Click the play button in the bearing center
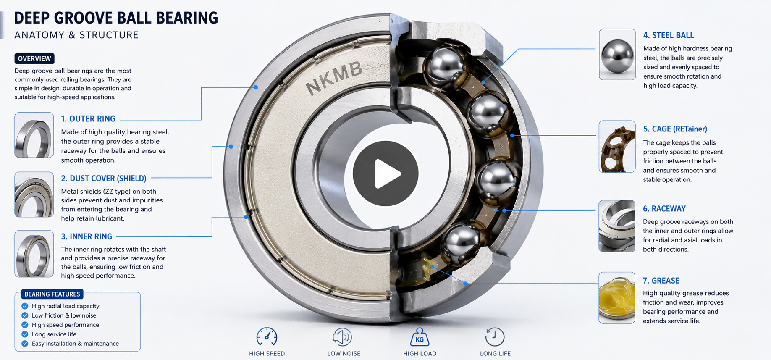pos(385,173)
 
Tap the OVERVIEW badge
pos(34,58)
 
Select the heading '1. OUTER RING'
pos(88,119)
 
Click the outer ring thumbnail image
pos(34,135)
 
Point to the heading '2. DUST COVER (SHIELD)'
pos(104,179)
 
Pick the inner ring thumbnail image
pos(34,254)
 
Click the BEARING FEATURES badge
pos(52,294)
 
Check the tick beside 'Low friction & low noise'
pos(25,315)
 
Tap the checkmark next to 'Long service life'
pos(25,334)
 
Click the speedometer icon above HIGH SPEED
pos(267,336)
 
